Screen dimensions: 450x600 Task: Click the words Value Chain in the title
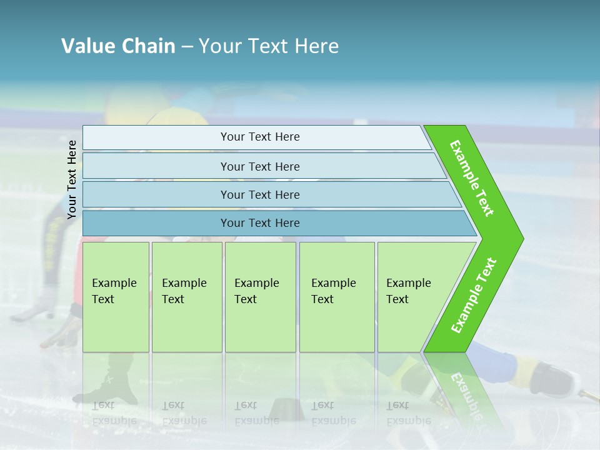[x=118, y=46]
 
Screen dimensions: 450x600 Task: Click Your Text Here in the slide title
[x=269, y=46]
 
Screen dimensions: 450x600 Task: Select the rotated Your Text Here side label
[x=72, y=179]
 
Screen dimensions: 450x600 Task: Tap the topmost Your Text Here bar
[x=259, y=137]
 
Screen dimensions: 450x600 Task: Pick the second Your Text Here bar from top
[x=259, y=166]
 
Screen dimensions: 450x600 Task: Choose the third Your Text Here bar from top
[x=259, y=194]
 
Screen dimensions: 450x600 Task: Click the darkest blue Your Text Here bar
[x=259, y=223]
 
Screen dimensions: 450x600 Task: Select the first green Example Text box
[x=116, y=297]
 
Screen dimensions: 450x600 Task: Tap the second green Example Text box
[x=186, y=297]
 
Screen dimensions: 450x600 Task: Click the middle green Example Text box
[x=260, y=297]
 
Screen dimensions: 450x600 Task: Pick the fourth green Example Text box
[x=337, y=297]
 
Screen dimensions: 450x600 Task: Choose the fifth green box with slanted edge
[x=412, y=297]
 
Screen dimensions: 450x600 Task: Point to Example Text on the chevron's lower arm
[x=474, y=296]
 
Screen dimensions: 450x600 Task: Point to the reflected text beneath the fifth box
[x=407, y=413]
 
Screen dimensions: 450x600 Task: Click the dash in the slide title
[x=187, y=46]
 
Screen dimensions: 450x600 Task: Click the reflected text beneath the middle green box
[x=256, y=413]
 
